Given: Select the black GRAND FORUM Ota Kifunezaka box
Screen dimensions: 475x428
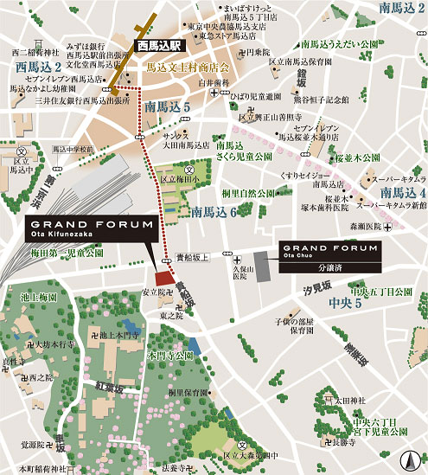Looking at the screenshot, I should [91, 229].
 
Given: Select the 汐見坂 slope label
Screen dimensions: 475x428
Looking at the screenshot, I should [321, 286].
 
